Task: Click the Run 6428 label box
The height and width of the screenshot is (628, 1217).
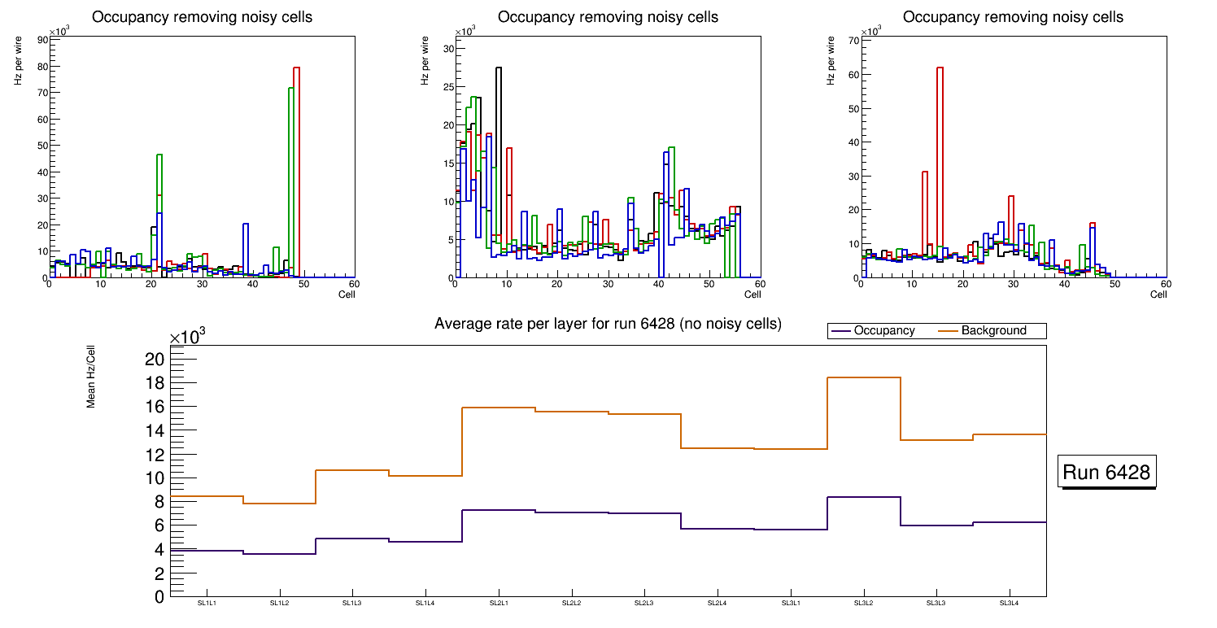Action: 1106,473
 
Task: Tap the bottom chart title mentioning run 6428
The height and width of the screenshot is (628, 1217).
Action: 608,324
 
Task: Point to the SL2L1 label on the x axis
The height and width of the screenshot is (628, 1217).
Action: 499,603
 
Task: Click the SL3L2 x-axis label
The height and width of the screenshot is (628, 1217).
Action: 863,603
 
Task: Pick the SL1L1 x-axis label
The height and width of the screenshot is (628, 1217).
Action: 207,603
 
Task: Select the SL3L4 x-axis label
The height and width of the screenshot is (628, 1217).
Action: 1010,603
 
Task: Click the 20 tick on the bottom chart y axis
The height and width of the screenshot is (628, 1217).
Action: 155,359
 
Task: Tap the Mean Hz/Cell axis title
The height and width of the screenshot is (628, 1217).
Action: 92,378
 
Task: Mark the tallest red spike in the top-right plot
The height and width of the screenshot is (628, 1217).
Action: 940,68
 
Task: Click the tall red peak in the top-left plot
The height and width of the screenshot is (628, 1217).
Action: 296,68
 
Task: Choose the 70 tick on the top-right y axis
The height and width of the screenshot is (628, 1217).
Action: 853,40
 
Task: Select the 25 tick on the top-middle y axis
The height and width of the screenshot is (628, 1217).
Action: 447,86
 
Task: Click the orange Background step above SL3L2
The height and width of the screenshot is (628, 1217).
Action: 863,377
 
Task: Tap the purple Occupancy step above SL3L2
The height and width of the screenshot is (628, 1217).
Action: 863,497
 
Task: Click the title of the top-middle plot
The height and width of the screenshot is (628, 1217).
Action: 608,17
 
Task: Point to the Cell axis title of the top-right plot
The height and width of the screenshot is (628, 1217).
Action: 1158,294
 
